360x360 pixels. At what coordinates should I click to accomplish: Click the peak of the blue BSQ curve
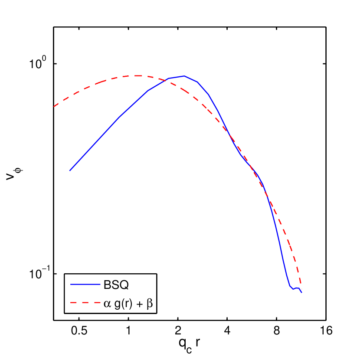click(x=184, y=76)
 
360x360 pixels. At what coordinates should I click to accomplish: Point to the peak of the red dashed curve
click(x=138, y=75)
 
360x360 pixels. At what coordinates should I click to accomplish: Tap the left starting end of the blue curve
click(x=70, y=171)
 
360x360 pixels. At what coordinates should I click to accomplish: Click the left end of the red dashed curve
click(x=54, y=106)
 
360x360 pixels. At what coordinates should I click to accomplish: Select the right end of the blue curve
click(x=302, y=293)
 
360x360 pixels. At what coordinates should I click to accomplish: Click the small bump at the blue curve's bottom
click(x=297, y=288)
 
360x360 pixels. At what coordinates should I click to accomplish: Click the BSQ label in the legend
click(x=116, y=285)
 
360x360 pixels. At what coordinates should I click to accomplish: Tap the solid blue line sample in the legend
click(x=85, y=285)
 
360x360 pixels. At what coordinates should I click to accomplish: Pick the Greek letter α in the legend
click(x=107, y=304)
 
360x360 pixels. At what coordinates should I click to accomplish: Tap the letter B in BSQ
click(x=107, y=285)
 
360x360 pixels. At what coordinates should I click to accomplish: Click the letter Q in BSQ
click(x=124, y=285)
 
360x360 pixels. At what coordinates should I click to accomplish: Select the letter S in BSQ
click(x=115, y=285)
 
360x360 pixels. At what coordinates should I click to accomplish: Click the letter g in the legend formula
click(x=117, y=304)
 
